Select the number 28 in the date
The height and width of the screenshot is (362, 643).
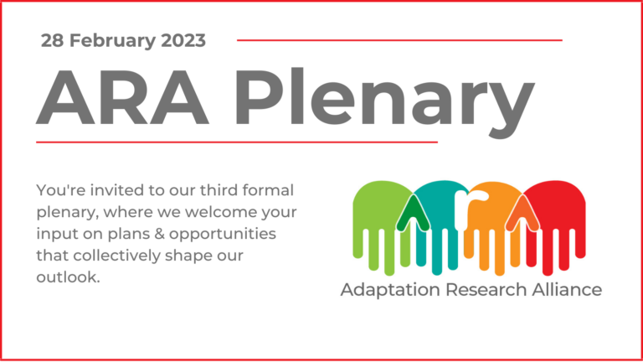pyautogui.click(x=52, y=40)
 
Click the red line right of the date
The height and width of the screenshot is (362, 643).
pyautogui.click(x=399, y=39)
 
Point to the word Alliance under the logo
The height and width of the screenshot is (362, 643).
pyautogui.click(x=566, y=290)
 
